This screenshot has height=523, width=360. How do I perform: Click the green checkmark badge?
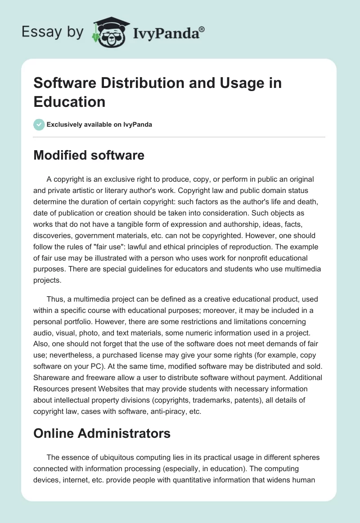[39, 124]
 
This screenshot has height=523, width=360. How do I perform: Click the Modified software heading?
[89, 156]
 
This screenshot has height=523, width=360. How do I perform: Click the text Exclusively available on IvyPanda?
[99, 124]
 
